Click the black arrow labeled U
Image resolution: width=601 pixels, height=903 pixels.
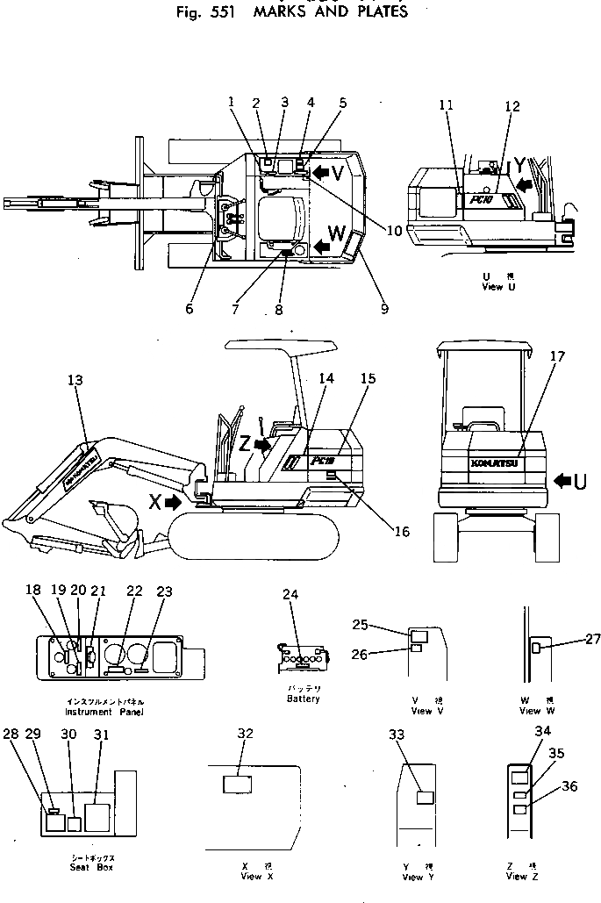(x=568, y=480)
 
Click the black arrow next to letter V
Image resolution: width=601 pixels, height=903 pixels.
(x=326, y=168)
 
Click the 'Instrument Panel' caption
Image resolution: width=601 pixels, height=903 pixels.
(x=106, y=712)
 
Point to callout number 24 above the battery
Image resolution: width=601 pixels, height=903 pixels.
(x=290, y=594)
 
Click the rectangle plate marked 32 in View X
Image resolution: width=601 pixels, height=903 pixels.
(x=237, y=784)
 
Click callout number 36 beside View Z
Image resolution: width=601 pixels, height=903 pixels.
(x=569, y=786)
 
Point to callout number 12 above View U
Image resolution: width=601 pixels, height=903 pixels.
(x=512, y=107)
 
